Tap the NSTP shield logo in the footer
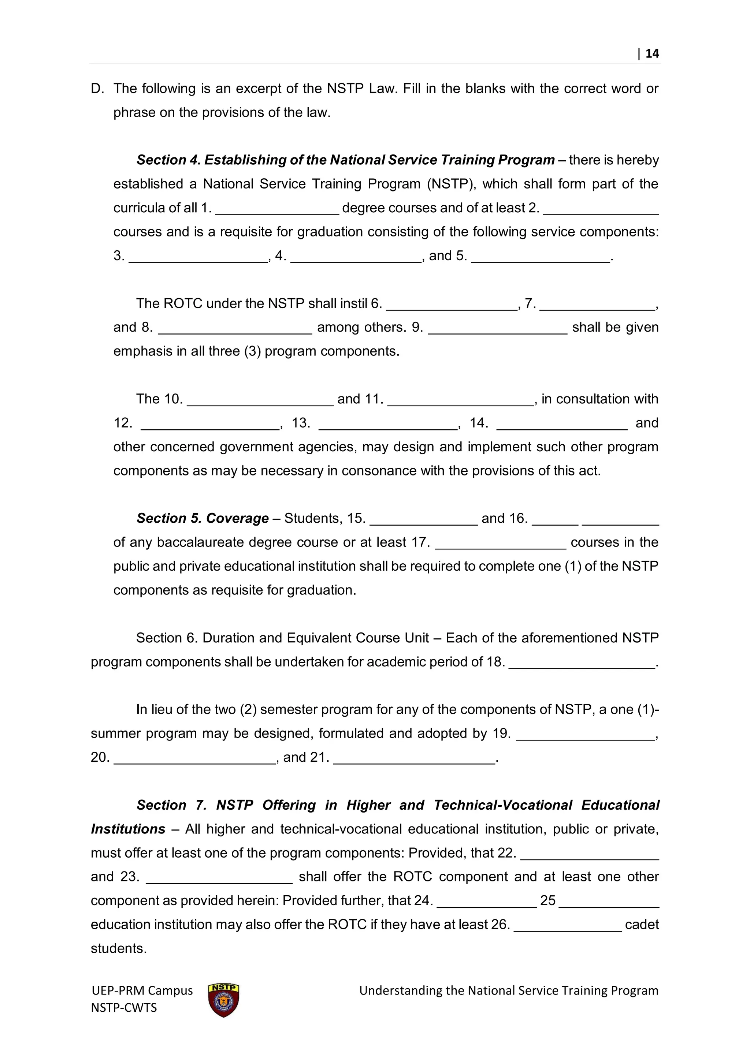[x=223, y=1000]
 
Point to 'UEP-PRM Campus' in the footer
[x=142, y=990]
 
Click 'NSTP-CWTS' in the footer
[x=124, y=1007]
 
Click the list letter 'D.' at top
[x=97, y=89]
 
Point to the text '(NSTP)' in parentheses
[x=451, y=184]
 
